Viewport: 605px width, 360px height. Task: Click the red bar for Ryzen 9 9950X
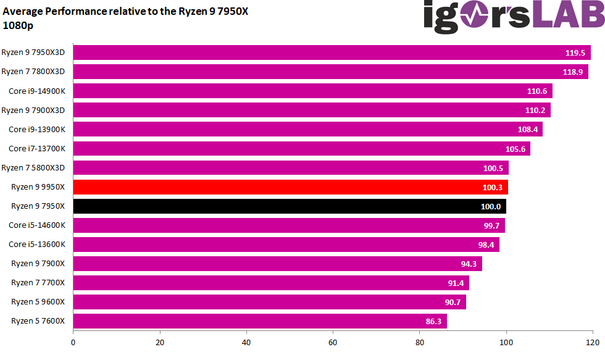290,187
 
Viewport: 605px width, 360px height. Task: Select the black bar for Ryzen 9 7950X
290,206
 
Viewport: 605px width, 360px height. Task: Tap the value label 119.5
575,53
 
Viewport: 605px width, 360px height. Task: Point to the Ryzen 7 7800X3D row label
37,72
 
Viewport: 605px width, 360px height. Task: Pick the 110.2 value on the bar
535,111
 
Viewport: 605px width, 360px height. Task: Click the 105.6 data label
515,149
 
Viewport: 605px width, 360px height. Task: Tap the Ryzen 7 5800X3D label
37,168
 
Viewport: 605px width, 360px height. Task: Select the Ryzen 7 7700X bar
271,283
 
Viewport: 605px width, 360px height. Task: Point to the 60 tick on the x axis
333,342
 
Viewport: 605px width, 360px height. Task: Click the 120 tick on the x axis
593,342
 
